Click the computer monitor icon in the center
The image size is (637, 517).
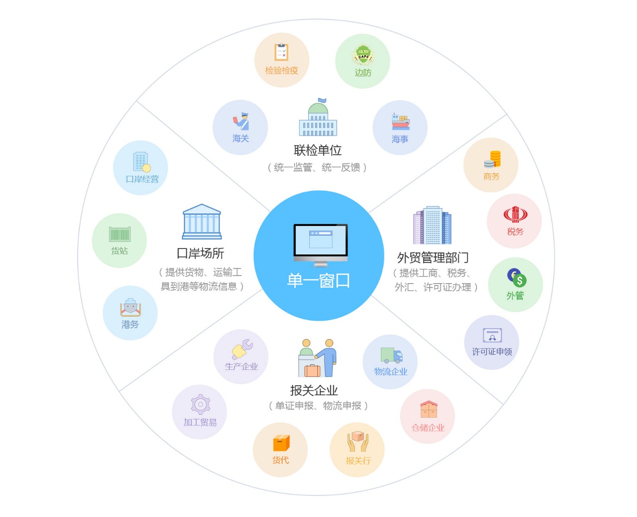point(320,245)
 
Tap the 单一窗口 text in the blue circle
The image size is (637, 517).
point(318,281)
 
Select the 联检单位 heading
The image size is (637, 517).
point(317,150)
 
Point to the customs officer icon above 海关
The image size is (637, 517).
point(241,121)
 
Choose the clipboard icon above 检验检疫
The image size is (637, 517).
point(281,52)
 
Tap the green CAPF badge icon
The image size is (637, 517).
point(363,55)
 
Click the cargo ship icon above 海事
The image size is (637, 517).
point(400,121)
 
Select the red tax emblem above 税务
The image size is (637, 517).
point(515,214)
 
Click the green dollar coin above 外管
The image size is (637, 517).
point(519,281)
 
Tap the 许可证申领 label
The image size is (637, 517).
point(492,352)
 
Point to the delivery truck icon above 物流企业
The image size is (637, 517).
point(391,355)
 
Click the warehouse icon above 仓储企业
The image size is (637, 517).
point(429,409)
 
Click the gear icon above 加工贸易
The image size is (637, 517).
point(200,404)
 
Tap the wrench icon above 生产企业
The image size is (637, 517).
point(242,349)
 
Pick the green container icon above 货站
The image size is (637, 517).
point(120,233)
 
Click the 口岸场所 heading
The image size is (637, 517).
point(200,253)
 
